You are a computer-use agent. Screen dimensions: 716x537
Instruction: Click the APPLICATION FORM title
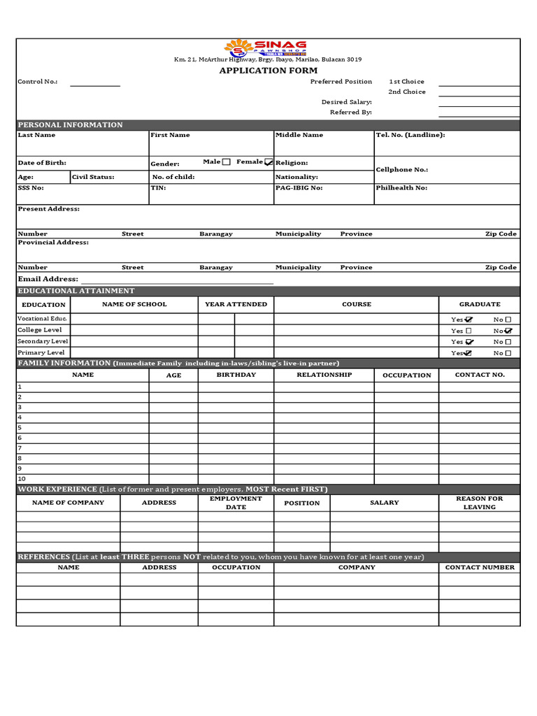(x=268, y=71)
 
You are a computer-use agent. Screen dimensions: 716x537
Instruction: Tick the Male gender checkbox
(x=226, y=162)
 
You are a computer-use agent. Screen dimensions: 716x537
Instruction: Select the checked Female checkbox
(x=269, y=162)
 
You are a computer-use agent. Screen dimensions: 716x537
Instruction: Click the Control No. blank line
(x=95, y=84)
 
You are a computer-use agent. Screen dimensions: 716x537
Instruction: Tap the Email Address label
(x=48, y=279)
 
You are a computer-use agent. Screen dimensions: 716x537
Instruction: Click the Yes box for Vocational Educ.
(x=468, y=320)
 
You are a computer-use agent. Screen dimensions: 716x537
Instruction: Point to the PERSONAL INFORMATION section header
(x=70, y=125)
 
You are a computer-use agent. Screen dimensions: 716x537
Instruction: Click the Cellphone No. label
(x=402, y=170)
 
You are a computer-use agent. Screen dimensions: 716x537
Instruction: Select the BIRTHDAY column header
(x=236, y=375)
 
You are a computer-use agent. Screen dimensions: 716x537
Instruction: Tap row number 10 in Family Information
(x=21, y=479)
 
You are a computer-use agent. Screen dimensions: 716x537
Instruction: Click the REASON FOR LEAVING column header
(x=479, y=503)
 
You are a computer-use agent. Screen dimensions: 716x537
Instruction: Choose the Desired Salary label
(x=346, y=102)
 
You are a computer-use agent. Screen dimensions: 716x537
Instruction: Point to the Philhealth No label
(x=401, y=188)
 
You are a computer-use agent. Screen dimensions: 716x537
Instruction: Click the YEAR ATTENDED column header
(x=236, y=304)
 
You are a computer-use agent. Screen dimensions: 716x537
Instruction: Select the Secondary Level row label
(x=43, y=341)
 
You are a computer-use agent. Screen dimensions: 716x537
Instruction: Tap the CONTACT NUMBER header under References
(x=479, y=568)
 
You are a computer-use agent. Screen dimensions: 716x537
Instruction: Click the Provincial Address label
(x=53, y=243)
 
